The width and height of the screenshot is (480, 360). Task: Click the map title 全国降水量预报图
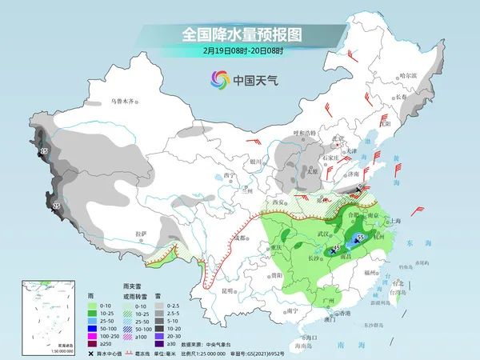click(241, 34)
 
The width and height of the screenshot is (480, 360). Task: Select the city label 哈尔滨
click(408, 75)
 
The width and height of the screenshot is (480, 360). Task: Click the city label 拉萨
click(141, 233)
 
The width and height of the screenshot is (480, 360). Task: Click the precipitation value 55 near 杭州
click(361, 238)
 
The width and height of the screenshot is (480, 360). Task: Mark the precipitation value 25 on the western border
click(56, 206)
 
